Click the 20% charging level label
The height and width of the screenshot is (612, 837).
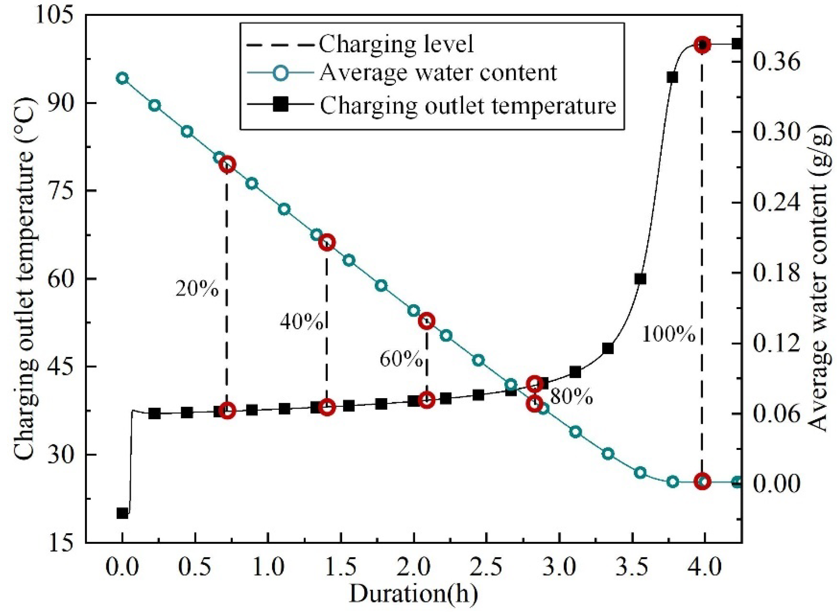(197, 289)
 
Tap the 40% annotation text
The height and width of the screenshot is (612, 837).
(301, 321)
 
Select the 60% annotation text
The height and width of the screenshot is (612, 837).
(401, 359)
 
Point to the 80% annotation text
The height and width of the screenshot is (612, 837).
(572, 397)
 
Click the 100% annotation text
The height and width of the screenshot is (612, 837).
(669, 334)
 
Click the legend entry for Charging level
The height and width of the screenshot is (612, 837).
(396, 44)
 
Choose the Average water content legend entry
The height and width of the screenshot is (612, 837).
(438, 72)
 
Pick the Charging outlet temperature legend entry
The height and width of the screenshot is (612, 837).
(468, 105)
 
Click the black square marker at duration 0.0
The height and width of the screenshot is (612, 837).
(122, 514)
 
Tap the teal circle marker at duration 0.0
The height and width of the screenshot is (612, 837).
(122, 78)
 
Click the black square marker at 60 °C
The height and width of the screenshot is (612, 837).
(640, 279)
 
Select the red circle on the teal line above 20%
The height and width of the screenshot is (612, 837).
(228, 165)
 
